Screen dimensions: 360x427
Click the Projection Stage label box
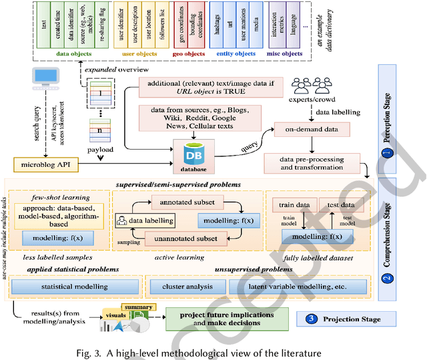point(348,319)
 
